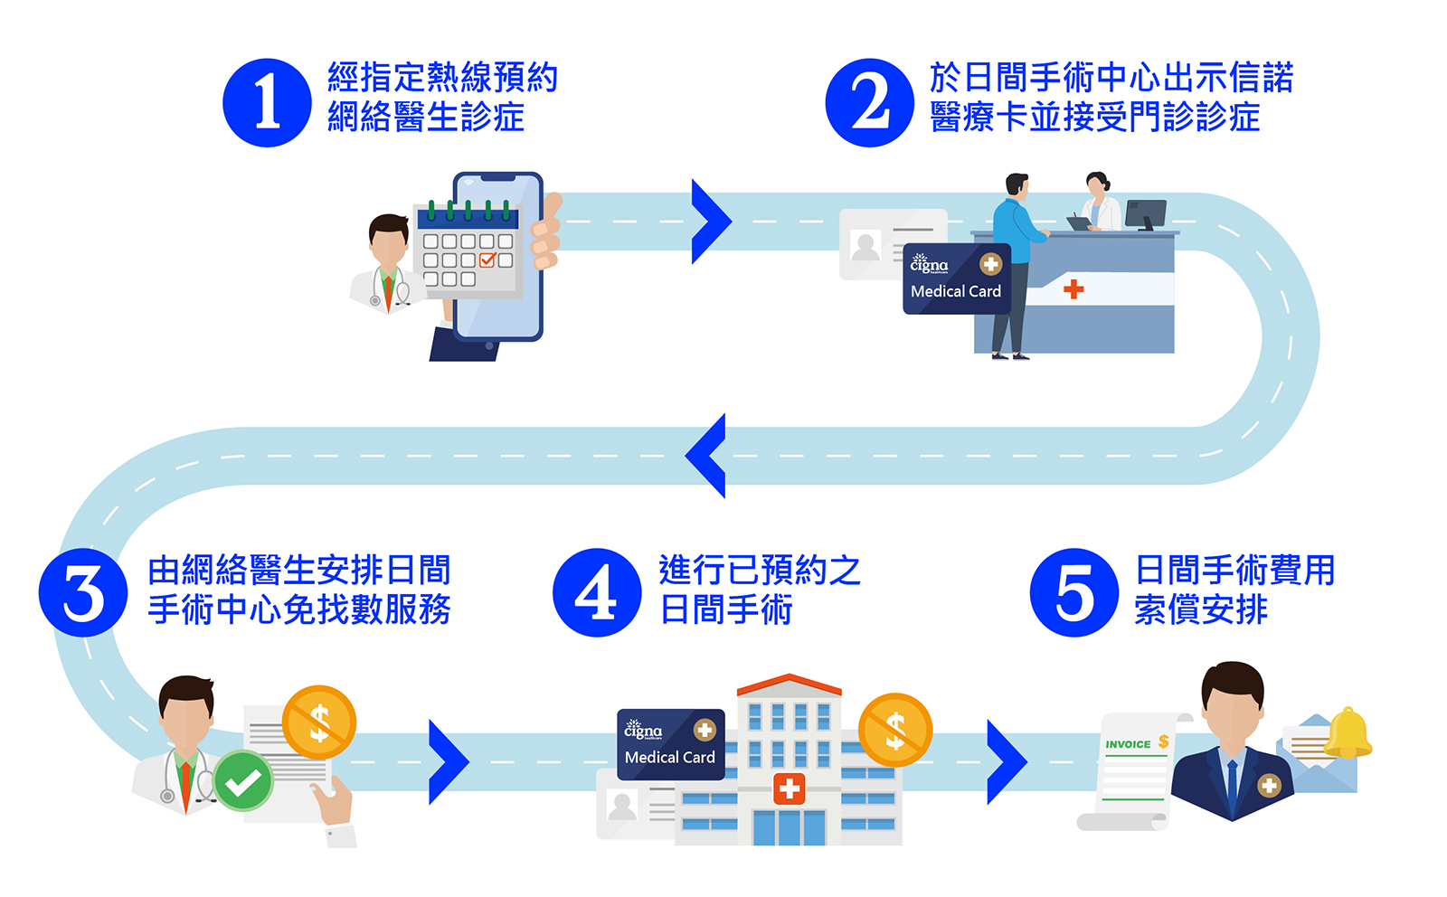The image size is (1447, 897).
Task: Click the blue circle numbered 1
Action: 267,102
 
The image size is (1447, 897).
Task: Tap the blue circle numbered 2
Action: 869,102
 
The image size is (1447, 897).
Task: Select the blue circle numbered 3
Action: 83,592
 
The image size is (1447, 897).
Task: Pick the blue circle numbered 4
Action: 597,592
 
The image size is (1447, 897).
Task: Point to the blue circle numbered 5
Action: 1073,592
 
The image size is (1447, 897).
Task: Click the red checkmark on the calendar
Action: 487,260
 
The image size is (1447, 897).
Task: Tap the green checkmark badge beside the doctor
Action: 243,780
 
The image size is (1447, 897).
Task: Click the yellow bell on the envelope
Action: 1348,733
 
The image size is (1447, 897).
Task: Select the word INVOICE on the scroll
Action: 1128,744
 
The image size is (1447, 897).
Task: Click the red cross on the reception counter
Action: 1073,289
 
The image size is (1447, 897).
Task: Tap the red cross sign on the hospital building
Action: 790,788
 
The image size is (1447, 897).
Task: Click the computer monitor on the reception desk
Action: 1145,214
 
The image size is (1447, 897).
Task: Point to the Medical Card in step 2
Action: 956,279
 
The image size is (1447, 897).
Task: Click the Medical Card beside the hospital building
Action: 670,744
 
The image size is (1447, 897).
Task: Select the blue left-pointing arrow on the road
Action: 707,455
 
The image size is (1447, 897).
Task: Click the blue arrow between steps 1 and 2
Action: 710,222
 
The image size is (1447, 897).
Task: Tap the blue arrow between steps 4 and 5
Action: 1006,761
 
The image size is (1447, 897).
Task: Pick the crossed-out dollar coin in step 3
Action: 318,722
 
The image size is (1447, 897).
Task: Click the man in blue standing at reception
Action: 1015,262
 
